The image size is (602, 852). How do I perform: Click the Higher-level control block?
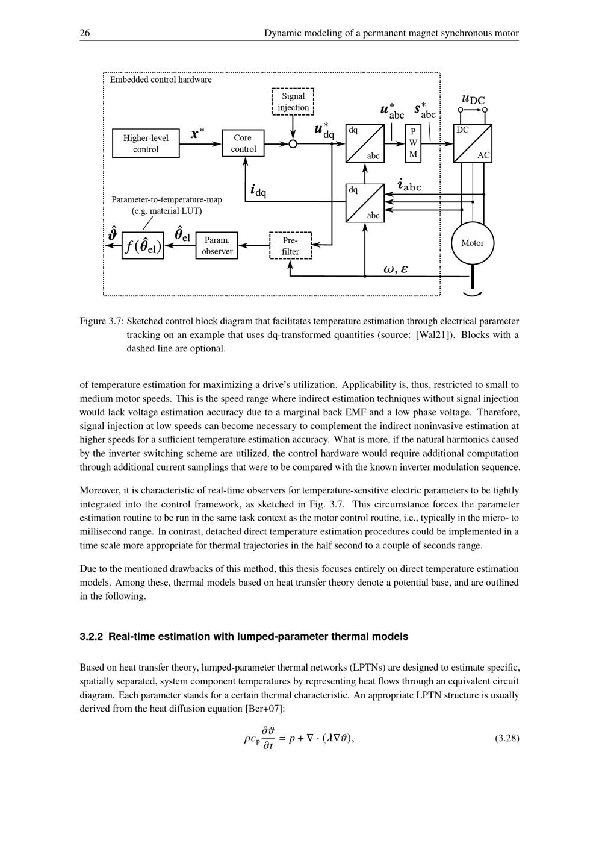(146, 143)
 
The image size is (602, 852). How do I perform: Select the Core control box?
(243, 143)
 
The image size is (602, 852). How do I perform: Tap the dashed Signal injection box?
(293, 102)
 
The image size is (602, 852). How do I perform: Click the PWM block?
(413, 143)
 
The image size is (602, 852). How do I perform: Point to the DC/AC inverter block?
(473, 143)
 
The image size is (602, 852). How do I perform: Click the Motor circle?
(473, 243)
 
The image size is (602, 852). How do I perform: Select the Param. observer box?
(217, 245)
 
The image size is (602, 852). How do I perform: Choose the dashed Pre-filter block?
(290, 245)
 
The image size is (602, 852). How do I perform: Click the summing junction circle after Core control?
(293, 143)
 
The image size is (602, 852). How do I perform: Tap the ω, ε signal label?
(396, 269)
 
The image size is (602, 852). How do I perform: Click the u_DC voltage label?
(473, 99)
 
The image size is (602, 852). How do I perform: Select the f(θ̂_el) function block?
(143, 246)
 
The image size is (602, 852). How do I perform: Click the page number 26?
(85, 33)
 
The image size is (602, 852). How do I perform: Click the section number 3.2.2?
(92, 636)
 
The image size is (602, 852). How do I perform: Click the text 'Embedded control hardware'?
(161, 80)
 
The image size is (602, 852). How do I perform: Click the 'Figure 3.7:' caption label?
(101, 321)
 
